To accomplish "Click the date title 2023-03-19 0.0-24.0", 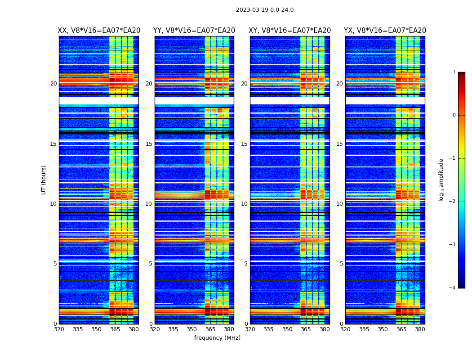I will pyautogui.click(x=264, y=10).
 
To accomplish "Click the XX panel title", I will pyautogui.click(x=99, y=31).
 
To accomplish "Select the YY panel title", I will pyautogui.click(x=194, y=31).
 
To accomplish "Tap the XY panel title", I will pyautogui.click(x=289, y=31).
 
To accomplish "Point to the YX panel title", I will pyautogui.click(x=385, y=31).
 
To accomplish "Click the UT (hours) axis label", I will pyautogui.click(x=44, y=180).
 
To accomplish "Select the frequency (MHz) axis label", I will pyautogui.click(x=217, y=338).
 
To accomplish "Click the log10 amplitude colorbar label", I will pyautogui.click(x=441, y=180).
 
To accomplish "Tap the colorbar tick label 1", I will pyautogui.click(x=454, y=72).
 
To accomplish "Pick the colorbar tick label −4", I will pyautogui.click(x=453, y=288).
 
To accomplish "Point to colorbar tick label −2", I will pyautogui.click(x=453, y=202).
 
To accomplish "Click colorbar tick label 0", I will pyautogui.click(x=454, y=115).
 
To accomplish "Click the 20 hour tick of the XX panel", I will pyautogui.click(x=53, y=84).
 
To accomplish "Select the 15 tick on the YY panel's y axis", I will pyautogui.click(x=149, y=144).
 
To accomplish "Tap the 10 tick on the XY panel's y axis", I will pyautogui.click(x=244, y=204).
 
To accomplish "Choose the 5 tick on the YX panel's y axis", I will pyautogui.click(x=341, y=264).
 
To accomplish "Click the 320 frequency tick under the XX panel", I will pyautogui.click(x=59, y=329).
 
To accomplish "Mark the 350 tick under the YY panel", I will pyautogui.click(x=192, y=329).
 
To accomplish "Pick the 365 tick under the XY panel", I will pyautogui.click(x=306, y=329).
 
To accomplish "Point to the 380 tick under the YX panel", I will pyautogui.click(x=420, y=329).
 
